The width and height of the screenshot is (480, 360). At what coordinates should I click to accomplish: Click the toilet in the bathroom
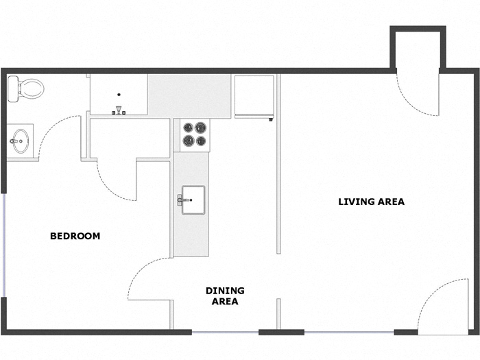(x=26, y=88)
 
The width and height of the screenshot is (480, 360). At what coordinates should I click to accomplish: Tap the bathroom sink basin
(x=19, y=141)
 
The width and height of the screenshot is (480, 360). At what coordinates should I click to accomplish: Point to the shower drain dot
(x=119, y=94)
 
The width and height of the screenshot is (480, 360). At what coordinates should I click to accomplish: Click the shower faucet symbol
(x=119, y=110)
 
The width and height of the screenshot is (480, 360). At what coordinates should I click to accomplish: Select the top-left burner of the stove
(x=186, y=127)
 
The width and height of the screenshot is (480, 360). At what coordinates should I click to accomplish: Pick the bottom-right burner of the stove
(x=201, y=141)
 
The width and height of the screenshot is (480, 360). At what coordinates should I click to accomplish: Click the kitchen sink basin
(x=193, y=200)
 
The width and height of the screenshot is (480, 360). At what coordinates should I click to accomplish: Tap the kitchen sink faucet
(x=181, y=200)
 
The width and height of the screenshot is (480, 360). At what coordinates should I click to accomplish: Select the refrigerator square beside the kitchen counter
(x=254, y=95)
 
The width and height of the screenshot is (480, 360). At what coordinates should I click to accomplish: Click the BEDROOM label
(x=75, y=236)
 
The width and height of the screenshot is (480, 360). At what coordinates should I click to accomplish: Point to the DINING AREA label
(x=225, y=296)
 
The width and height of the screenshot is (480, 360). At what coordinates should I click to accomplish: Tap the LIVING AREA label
(x=371, y=202)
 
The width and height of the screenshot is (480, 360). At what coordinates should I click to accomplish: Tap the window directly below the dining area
(x=224, y=333)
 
